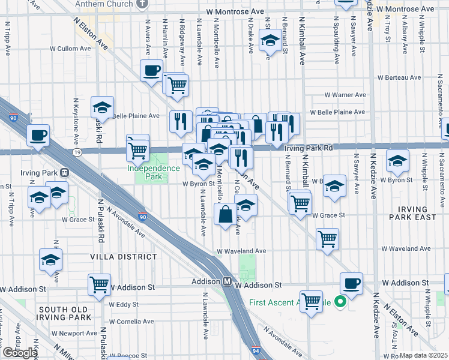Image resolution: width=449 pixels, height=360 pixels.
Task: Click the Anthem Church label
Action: coord(104,4)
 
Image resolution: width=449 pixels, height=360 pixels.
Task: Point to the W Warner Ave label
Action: coord(345,95)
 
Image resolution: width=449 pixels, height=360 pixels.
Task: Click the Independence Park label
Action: coord(153,172)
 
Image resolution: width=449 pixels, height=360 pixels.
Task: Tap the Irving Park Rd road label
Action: coord(309,148)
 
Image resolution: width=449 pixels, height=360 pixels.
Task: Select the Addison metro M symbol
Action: coord(228,281)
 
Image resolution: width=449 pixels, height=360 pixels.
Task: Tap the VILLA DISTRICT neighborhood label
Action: coord(124,257)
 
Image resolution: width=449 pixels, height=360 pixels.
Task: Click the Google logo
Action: coord(20,352)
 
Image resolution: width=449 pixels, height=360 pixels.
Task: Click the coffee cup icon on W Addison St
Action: coord(351,284)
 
